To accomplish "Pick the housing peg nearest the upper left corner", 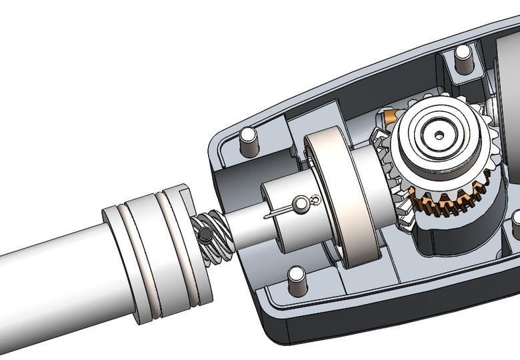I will [x=247, y=141].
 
